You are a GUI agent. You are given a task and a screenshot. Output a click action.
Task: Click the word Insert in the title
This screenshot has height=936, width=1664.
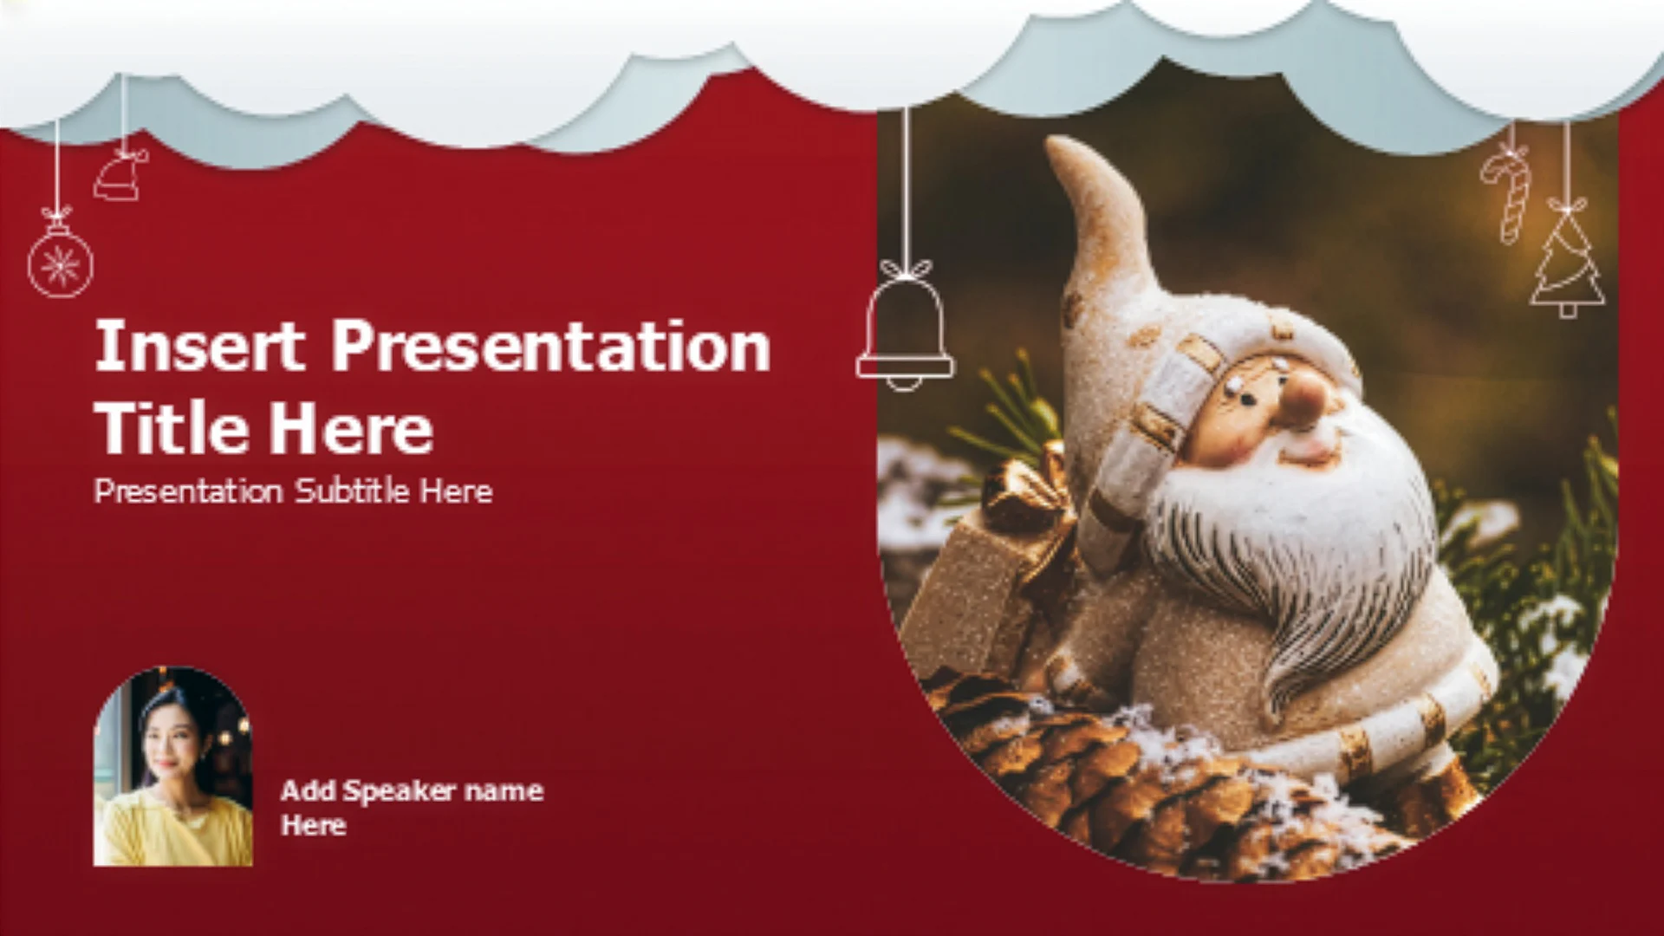tap(199, 345)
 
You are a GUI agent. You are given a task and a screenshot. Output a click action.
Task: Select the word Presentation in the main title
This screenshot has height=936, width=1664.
tap(551, 347)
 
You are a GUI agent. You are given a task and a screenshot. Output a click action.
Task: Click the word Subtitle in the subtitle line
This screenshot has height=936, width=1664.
tap(352, 491)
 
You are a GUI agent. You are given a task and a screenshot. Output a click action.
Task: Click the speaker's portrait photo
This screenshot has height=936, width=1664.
tap(173, 766)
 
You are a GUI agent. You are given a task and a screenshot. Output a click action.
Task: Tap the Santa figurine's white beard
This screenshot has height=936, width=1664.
tap(1300, 555)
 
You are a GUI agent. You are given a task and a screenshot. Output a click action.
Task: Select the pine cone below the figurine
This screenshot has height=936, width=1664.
tap(1153, 780)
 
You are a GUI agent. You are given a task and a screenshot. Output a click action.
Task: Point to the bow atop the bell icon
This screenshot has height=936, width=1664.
tap(907, 270)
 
